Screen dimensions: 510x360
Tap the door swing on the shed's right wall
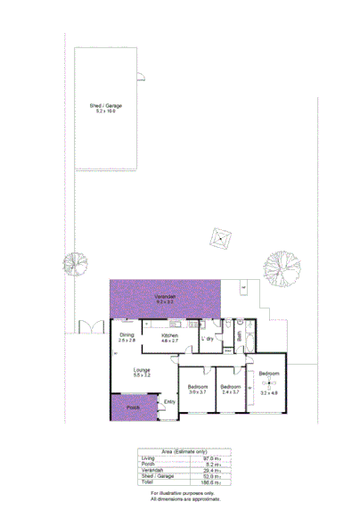[140, 78]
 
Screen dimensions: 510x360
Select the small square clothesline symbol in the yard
[219, 239]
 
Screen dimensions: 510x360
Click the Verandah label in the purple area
[165, 296]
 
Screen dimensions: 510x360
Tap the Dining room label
[127, 335]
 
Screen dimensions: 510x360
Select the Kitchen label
[169, 335]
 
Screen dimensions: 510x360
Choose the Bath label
[239, 336]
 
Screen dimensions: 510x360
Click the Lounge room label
[142, 370]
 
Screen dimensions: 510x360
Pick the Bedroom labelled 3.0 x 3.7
[198, 387]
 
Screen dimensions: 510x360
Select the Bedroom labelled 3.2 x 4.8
[269, 374]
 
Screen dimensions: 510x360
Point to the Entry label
[169, 401]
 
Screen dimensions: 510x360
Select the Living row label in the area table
[149, 457]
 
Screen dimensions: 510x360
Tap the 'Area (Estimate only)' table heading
[184, 451]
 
